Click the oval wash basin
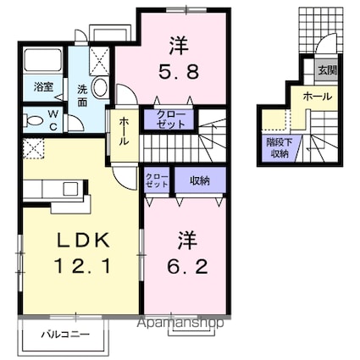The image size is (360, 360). (98, 87)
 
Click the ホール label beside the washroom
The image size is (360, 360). (124, 130)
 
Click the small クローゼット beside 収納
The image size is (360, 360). (155, 179)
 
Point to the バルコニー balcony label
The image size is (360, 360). (66, 335)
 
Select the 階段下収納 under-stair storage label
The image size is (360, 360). (276, 150)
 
